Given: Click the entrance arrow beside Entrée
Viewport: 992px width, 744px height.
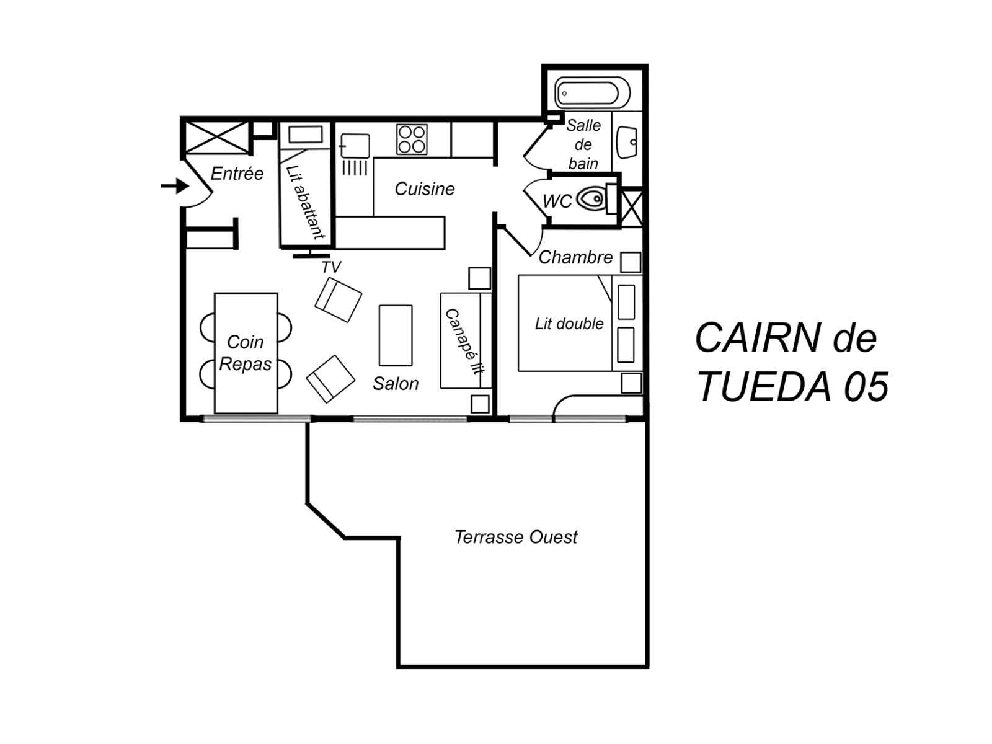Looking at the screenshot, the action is (175, 185).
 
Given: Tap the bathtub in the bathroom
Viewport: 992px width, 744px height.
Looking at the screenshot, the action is (591, 93).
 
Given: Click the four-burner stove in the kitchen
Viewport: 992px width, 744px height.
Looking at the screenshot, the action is (411, 139).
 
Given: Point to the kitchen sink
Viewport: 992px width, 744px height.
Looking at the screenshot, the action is (355, 146).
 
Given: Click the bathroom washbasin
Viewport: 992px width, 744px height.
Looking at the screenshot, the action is (627, 142).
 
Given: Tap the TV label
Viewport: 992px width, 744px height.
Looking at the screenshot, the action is (331, 267).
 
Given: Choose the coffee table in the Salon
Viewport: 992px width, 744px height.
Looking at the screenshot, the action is (396, 335).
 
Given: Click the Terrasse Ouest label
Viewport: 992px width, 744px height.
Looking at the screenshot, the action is (516, 537).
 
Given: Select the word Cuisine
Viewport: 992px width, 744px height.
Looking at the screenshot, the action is (424, 189).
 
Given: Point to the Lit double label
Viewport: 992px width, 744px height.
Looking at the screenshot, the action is (569, 324).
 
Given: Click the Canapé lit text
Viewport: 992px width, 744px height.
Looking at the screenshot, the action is (464, 342).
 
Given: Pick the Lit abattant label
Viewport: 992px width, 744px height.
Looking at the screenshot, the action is (306, 202).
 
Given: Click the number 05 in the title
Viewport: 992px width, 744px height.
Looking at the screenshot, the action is (866, 387).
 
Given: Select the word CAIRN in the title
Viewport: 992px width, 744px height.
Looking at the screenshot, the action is (758, 338).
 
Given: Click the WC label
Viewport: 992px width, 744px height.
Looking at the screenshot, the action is (557, 201).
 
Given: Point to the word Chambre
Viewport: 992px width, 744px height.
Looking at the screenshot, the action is (576, 257).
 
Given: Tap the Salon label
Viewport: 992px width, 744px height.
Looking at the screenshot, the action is (396, 384).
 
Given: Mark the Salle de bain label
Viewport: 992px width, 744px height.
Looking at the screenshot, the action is (583, 144).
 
